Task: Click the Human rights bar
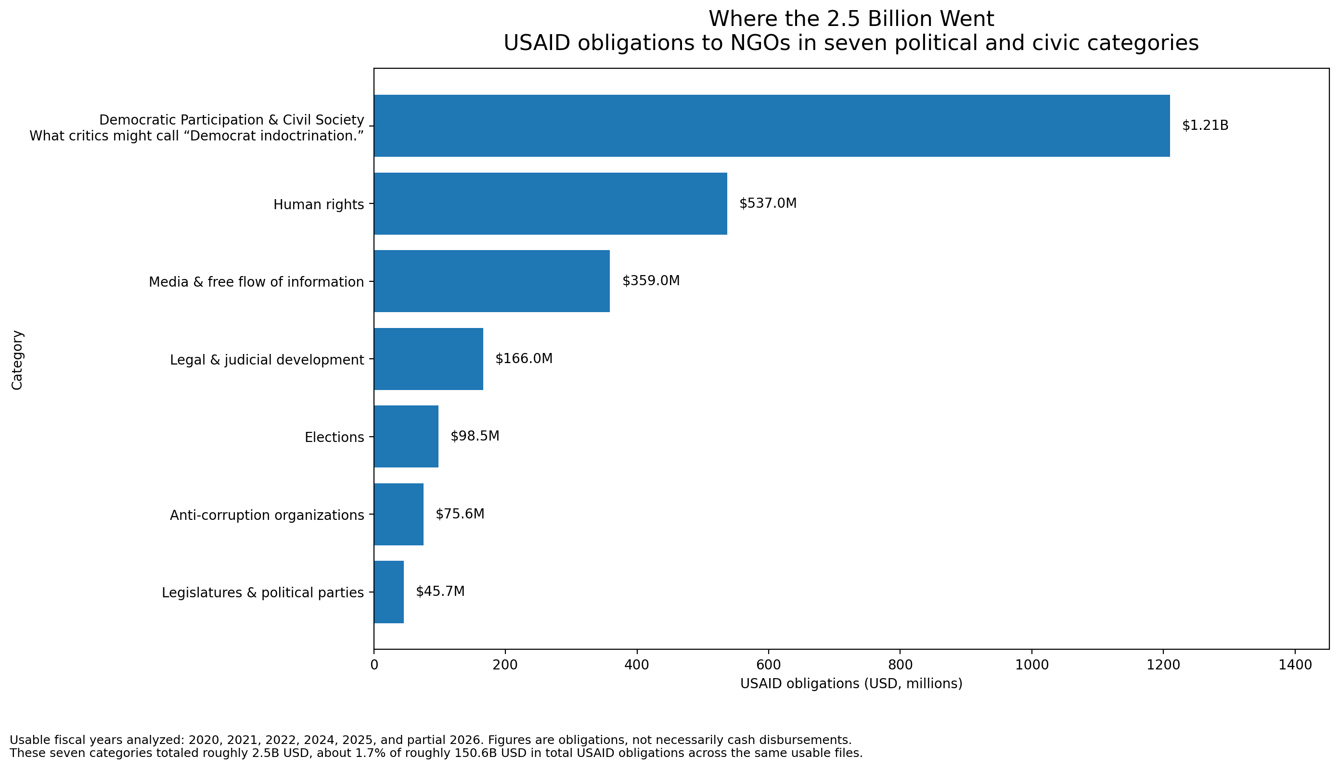tap(551, 203)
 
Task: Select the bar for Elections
tap(406, 436)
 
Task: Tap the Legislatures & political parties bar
tap(389, 592)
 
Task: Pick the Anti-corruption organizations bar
tap(399, 514)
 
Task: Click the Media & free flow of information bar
tap(492, 281)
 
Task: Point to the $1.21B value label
tap(1205, 126)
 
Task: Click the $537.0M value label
tap(768, 203)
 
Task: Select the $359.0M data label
tap(651, 281)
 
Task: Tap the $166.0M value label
tap(524, 359)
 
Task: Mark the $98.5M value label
tap(475, 436)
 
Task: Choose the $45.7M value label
tap(440, 592)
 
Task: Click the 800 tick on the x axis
tap(900, 665)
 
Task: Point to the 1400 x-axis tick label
tap(1295, 665)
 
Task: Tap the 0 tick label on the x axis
tap(374, 665)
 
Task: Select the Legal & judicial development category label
tap(267, 360)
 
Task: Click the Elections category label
tap(335, 437)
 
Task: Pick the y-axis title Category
tap(17, 360)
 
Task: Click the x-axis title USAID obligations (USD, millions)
tap(851, 684)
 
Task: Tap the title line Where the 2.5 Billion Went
tap(851, 19)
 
